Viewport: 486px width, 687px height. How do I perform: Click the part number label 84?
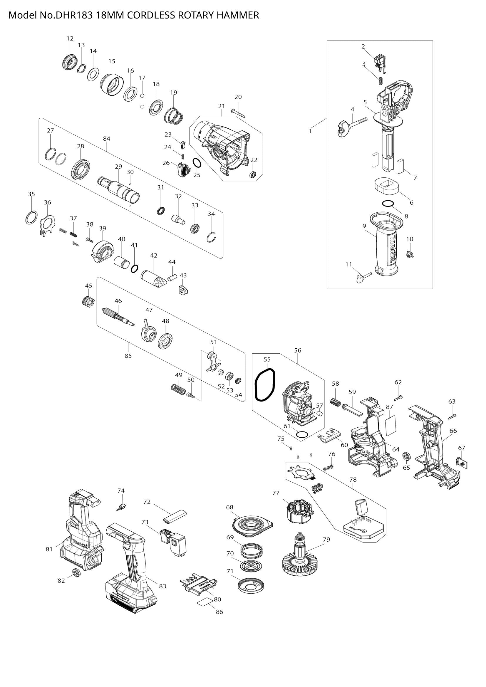[107, 139]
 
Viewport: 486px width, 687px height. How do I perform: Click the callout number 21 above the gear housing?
[222, 106]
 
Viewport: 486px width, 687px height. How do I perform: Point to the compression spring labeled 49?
[178, 389]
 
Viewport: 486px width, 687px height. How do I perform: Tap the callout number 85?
[128, 356]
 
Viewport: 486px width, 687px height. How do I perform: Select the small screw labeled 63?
[452, 416]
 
